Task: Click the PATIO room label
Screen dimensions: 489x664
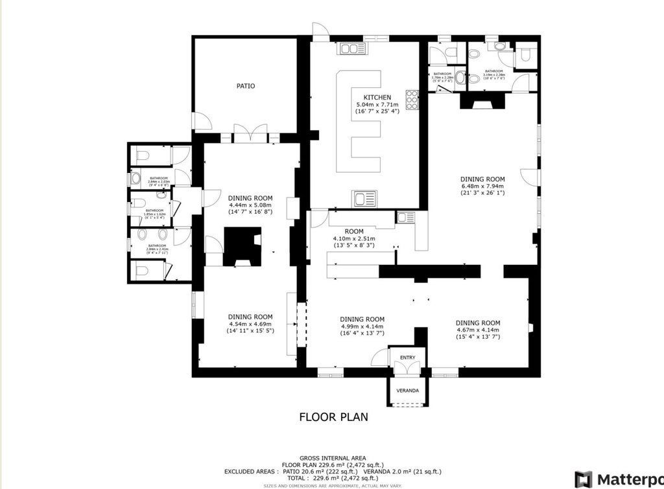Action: coord(246,86)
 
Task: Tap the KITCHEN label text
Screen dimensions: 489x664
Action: coord(377,98)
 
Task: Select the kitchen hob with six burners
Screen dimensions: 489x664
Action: coord(412,100)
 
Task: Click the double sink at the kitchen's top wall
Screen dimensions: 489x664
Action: coord(350,49)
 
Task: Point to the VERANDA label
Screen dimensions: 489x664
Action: coord(408,391)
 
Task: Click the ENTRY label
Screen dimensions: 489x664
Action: coord(407,358)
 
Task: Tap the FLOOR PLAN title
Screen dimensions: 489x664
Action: coord(333,416)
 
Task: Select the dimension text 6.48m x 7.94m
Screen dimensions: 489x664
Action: coord(482,186)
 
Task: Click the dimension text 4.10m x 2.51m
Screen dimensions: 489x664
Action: coord(354,239)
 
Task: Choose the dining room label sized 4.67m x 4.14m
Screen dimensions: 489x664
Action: coord(478,323)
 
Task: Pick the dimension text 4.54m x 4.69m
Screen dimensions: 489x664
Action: coord(250,324)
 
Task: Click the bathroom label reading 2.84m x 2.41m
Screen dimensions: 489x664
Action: coord(158,246)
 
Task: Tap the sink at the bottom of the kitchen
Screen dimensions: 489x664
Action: coord(364,198)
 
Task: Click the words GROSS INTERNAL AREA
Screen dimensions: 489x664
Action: coord(333,457)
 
